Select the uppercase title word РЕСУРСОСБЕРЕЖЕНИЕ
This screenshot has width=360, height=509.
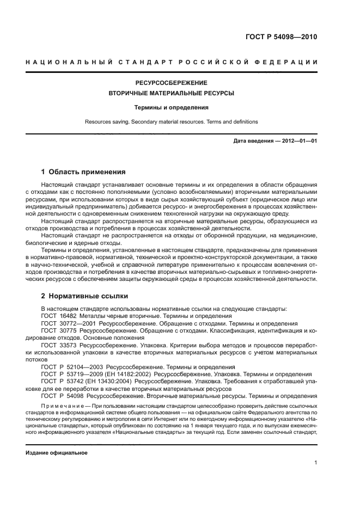coord(172,83)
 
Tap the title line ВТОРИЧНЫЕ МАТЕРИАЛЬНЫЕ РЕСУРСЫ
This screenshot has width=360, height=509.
coord(172,94)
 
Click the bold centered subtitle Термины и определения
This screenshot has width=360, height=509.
coord(172,108)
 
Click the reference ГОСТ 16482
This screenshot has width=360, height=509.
coord(58,316)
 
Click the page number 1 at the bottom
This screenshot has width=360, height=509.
coord(315,463)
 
